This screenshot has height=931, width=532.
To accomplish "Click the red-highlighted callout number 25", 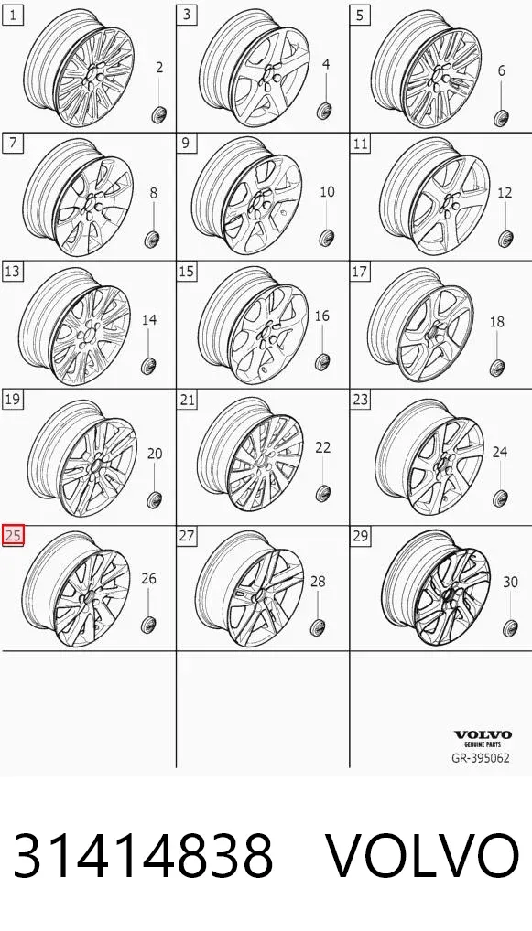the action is coord(13,536).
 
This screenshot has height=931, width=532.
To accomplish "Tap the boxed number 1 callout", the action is coord(13,16).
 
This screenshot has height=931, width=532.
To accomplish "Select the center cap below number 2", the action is coord(159,113).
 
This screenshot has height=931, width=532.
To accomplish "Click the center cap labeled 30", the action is coord(510,627).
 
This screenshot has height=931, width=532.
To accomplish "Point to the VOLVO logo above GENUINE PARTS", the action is coord(483,735).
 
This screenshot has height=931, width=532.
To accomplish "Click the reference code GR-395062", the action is coord(481,758).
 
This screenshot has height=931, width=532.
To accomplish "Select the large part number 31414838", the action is coord(143,856).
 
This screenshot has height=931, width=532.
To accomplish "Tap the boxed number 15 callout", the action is coord(187,272).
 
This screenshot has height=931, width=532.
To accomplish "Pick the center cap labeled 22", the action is coord(323,494).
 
